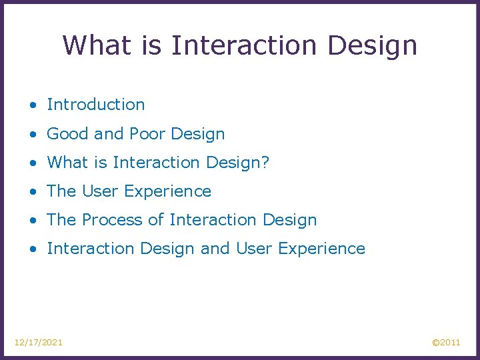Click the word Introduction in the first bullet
95,105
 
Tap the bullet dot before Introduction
33,105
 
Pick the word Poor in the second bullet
147,133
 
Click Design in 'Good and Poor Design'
198,134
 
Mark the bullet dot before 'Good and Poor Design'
33,134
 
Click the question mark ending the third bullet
265,162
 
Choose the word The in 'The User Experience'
61,191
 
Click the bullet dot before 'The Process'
33,220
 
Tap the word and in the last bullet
215,249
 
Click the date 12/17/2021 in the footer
39,342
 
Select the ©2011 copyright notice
446,342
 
